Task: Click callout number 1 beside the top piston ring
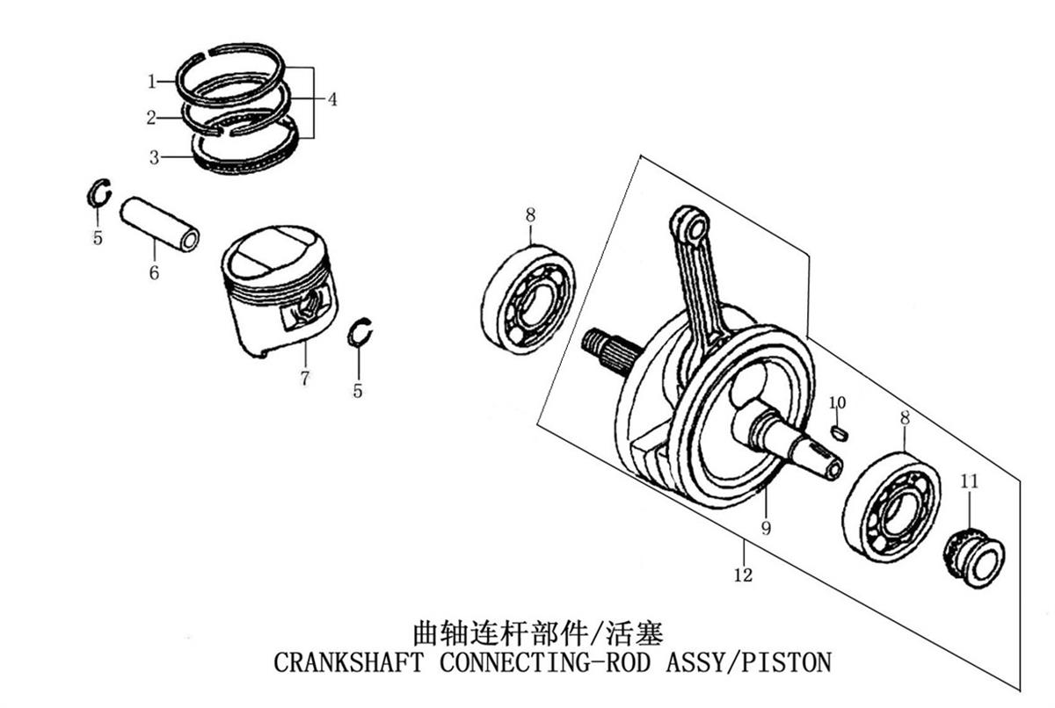point(151,82)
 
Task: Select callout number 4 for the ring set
point(332,99)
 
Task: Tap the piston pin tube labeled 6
point(160,224)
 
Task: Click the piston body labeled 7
point(280,291)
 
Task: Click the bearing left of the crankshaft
point(528,300)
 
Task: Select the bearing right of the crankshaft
point(891,507)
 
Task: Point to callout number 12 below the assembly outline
point(743,574)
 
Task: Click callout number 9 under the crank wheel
point(767,528)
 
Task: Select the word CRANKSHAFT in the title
point(348,662)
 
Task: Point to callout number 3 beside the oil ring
point(154,157)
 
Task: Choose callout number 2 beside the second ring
point(151,117)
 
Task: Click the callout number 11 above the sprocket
point(969,480)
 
